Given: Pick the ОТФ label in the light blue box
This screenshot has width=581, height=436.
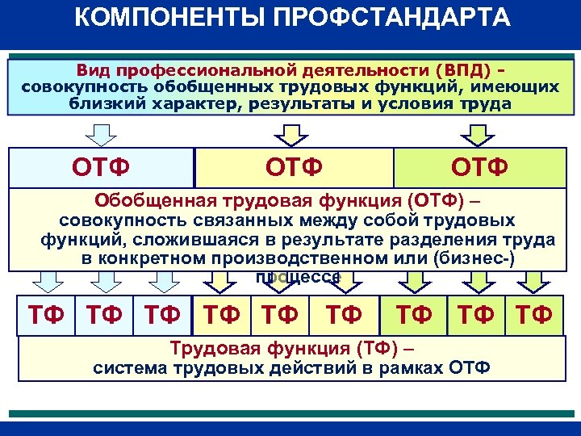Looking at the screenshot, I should [x=100, y=167].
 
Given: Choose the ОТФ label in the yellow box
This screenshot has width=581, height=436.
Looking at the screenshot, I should [x=295, y=167].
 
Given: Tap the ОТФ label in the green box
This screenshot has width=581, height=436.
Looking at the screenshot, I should [x=479, y=167].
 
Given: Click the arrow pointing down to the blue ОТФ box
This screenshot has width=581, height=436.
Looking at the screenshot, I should [x=101, y=133].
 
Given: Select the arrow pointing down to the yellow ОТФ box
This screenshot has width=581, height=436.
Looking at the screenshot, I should [x=295, y=133].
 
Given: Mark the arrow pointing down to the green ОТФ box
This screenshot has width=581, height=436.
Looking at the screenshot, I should [x=480, y=133].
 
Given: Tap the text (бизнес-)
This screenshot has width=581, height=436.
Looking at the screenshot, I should [x=474, y=258].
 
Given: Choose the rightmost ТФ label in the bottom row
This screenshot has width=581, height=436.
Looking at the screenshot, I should [x=532, y=314].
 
